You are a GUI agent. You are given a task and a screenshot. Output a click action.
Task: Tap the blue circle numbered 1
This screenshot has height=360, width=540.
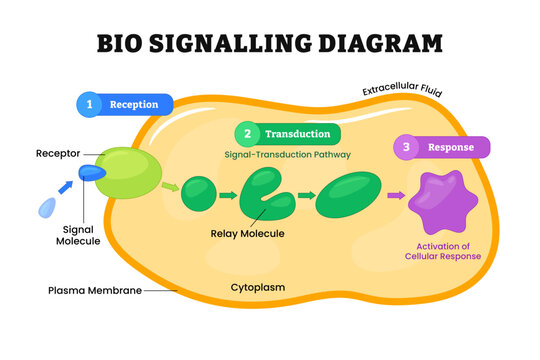[x=90, y=103]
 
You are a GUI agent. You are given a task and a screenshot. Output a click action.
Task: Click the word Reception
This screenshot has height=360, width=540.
[x=134, y=103]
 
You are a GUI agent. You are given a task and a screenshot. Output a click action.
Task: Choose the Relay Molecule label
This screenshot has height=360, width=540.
[x=247, y=234]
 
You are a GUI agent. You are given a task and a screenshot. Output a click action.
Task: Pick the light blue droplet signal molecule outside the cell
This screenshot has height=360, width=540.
[x=46, y=207]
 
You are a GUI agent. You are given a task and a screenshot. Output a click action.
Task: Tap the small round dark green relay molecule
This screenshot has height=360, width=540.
[x=198, y=194]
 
